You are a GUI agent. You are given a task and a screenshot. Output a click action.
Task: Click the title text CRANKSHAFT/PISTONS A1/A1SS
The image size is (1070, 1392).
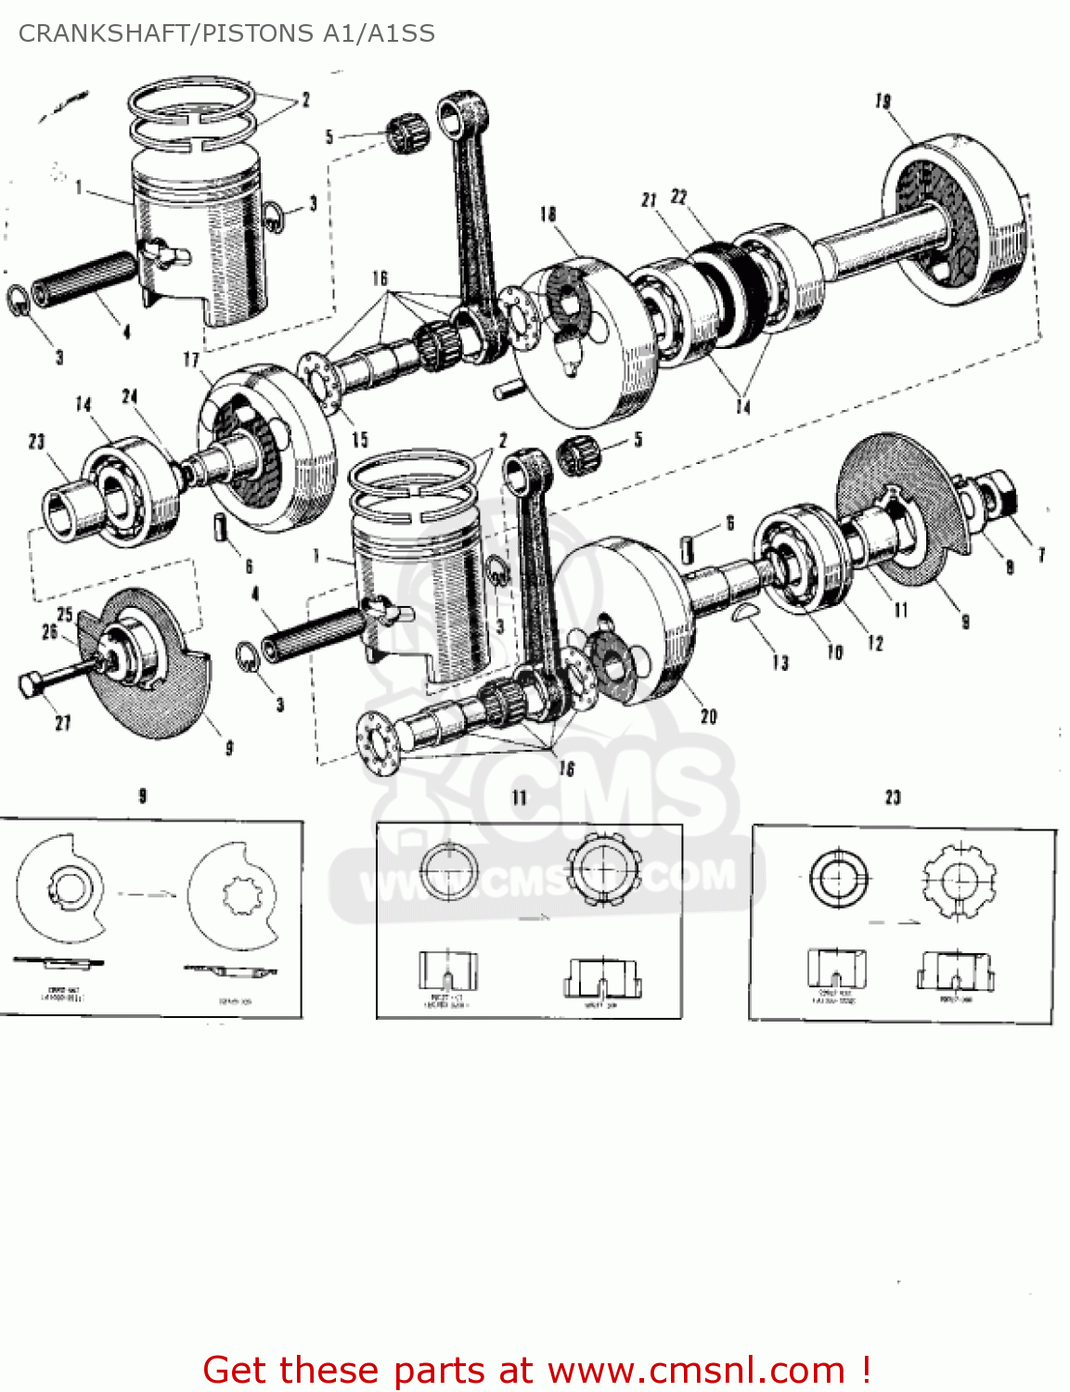click(x=226, y=33)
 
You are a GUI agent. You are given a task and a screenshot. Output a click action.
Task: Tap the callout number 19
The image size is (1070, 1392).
click(x=883, y=101)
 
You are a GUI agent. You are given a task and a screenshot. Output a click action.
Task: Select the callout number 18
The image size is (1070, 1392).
click(x=548, y=214)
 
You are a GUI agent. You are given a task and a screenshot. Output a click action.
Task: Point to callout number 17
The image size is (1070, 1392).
click(x=191, y=359)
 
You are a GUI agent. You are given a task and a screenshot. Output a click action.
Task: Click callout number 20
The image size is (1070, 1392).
click(x=709, y=715)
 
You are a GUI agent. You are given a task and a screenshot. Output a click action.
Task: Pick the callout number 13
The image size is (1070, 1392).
click(x=780, y=662)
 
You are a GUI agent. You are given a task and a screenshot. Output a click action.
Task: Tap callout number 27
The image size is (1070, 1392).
click(x=63, y=722)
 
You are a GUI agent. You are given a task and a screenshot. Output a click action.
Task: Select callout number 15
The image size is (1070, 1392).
click(x=360, y=440)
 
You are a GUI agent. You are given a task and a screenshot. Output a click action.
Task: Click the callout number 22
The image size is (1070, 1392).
click(x=679, y=197)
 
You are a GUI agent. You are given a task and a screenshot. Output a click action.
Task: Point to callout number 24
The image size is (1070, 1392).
click(x=130, y=396)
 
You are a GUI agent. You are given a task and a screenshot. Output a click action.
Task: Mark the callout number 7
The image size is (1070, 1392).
click(x=1041, y=555)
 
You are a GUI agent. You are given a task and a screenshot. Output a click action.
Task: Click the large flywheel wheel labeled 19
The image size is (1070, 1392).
click(x=956, y=218)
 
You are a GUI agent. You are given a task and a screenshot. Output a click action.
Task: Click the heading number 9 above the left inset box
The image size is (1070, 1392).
click(x=143, y=795)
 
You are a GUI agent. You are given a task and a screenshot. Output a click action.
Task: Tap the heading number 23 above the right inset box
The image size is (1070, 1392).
click(x=893, y=797)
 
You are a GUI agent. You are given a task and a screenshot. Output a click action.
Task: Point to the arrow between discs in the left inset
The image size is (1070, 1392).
click(x=147, y=895)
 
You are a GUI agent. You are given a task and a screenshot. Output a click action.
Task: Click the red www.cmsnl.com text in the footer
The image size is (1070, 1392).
click(x=696, y=1371)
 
